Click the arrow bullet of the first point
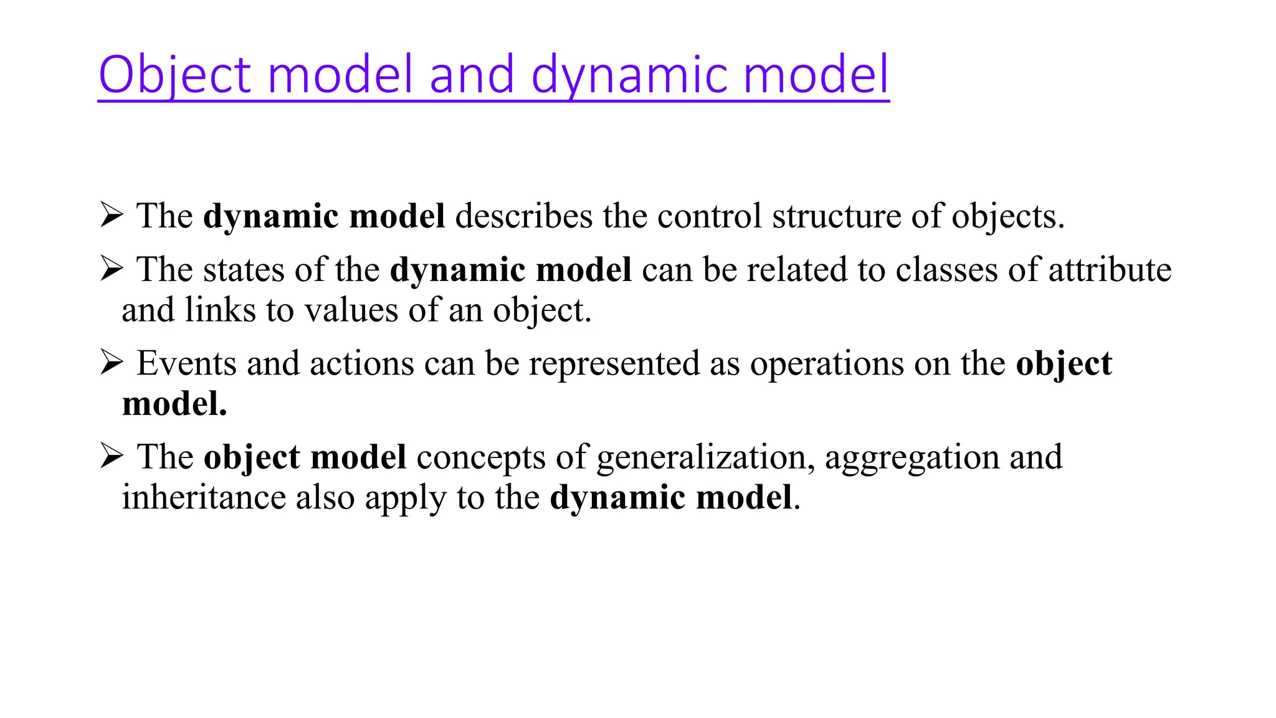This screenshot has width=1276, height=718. click(112, 216)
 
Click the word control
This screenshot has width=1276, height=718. click(709, 216)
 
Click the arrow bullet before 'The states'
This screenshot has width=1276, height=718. click(112, 269)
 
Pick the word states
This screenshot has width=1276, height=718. click(244, 270)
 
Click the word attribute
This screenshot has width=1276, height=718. click(1110, 270)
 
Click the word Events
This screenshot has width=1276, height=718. click(186, 363)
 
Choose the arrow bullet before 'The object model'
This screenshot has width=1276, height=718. click(112, 456)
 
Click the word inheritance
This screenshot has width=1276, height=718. click(203, 497)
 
